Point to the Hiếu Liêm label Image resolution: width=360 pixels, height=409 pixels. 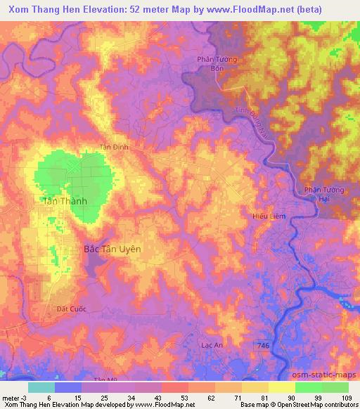(269, 216)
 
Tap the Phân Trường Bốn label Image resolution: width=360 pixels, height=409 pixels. (218, 64)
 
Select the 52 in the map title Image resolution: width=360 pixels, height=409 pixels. (155, 10)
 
